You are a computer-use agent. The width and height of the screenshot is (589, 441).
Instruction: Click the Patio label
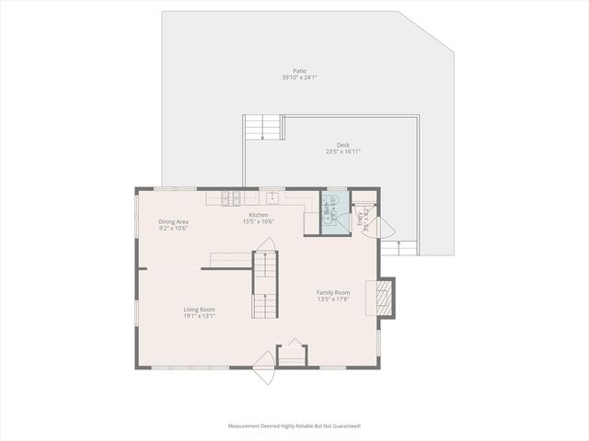299,71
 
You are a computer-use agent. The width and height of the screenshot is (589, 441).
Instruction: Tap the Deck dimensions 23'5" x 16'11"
342,152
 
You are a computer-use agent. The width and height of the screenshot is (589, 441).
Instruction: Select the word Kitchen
258,215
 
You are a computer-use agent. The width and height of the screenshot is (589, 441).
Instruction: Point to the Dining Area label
173,221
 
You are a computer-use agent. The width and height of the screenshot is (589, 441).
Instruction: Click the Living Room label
200,310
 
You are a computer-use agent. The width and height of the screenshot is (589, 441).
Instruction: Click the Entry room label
360,219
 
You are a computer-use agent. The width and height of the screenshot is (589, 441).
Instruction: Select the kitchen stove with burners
230,197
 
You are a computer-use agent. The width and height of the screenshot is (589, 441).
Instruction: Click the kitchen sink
272,197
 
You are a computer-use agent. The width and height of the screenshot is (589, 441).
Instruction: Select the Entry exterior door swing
384,228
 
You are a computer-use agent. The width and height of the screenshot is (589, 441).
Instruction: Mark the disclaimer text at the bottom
294,426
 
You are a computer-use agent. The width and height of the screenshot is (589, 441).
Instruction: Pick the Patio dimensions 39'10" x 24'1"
299,78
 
